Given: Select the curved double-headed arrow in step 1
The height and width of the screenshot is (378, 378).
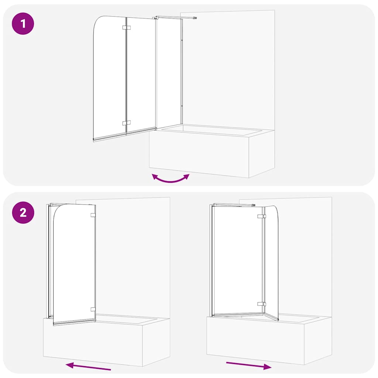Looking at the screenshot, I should point(171,179).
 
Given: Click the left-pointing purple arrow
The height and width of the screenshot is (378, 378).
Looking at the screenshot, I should point(88,366).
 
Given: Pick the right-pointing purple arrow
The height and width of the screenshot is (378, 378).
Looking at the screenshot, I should point(249,365).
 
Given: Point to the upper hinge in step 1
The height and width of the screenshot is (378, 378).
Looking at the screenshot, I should point(126,28).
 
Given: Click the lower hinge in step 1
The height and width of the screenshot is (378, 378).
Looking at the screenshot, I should point(126,123).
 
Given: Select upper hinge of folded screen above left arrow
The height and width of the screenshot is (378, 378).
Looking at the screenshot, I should point(93,215).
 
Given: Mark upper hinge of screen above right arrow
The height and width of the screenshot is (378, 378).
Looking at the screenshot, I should point(262,216).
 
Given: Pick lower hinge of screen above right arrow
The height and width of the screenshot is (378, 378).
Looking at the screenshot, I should point(262,304).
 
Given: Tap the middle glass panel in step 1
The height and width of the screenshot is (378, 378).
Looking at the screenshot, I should point(141,74).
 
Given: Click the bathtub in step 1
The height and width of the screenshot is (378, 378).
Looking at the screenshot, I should point(207,151).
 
